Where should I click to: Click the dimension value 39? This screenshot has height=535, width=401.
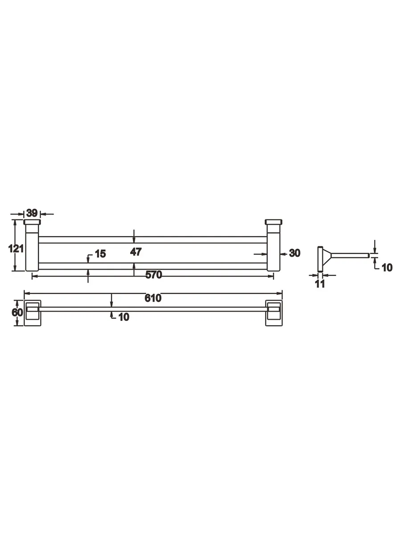point(32,213)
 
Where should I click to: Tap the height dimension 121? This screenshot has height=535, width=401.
point(16,249)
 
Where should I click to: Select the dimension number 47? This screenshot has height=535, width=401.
point(135,252)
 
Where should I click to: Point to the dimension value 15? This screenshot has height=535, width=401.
point(100,254)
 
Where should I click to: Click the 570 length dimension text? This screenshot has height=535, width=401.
point(154,275)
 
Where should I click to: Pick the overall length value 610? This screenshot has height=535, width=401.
point(153,298)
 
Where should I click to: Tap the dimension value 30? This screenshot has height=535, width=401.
point(295,253)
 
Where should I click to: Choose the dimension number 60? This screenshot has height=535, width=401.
point(17,312)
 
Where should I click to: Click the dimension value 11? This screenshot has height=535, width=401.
point(320,284)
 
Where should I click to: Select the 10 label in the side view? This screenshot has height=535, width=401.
point(387,267)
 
